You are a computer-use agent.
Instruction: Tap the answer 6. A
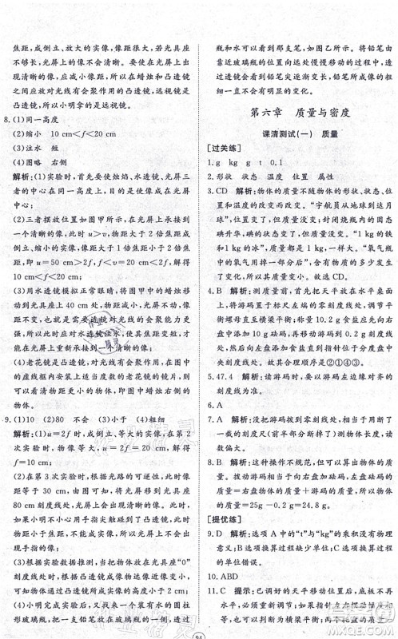(225, 429)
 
